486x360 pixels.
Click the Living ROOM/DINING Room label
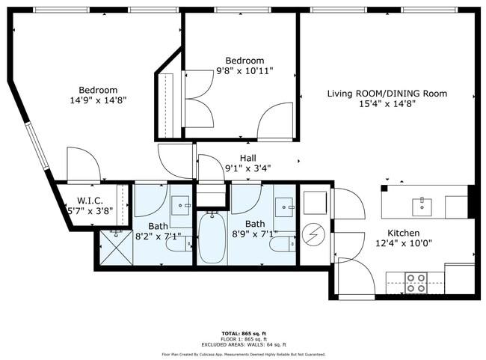[x=387, y=94]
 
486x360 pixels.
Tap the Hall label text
[x=247, y=158]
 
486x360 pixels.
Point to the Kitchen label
[x=403, y=233]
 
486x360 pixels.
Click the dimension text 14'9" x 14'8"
[x=97, y=100]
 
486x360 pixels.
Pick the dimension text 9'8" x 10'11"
[x=244, y=71]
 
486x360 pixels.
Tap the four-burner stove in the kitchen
[x=416, y=283]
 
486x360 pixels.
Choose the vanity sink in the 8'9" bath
[x=283, y=205]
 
